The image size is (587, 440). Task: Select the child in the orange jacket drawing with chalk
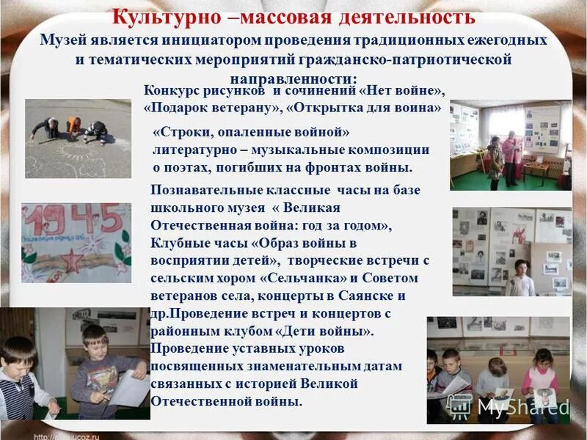click(x=73, y=127)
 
